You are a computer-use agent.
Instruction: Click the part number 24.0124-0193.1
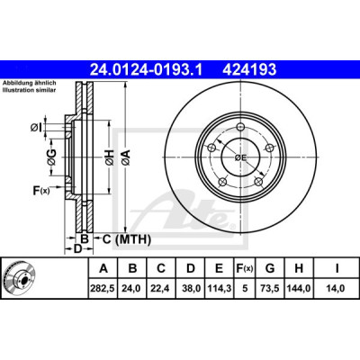point(146,70)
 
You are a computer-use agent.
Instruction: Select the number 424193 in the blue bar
point(249,70)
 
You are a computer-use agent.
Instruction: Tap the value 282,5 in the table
point(103,288)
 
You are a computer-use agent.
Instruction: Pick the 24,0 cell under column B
point(132,288)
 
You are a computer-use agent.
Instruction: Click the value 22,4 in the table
point(161,288)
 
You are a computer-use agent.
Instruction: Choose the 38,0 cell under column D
point(191,288)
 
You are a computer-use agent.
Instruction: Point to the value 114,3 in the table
point(219,288)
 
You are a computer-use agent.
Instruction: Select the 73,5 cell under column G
point(270,288)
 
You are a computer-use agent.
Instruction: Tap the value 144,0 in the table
point(299,288)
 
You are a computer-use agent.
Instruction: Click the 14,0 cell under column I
point(337,288)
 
